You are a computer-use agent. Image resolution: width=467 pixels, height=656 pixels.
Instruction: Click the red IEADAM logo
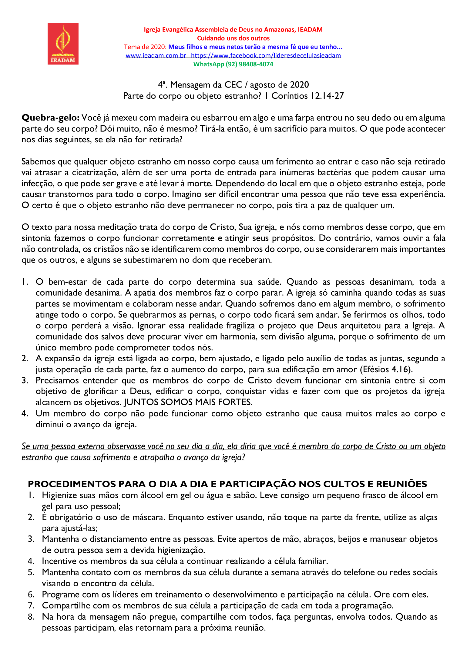63,44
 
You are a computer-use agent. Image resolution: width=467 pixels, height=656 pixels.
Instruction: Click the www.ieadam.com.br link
156,55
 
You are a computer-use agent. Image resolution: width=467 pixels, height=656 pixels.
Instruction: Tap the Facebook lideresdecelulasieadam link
266,55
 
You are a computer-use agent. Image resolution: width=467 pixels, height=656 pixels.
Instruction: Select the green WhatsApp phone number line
233,64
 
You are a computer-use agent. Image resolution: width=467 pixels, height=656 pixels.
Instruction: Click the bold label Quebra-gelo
51,118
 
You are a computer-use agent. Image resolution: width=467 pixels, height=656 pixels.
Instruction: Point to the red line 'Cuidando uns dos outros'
233,38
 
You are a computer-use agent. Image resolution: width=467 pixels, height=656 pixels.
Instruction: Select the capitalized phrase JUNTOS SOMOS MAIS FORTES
188,402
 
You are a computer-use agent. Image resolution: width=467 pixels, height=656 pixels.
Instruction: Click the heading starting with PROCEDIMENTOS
227,484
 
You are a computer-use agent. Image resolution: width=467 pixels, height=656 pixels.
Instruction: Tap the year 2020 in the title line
299,85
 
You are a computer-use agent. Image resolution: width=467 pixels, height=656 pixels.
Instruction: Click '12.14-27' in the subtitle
327,96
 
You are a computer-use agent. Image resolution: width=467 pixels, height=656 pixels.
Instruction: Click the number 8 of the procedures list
31,617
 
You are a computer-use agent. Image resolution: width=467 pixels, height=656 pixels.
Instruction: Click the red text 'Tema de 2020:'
145,47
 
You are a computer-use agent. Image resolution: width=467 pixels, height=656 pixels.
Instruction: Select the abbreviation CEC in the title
233,85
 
